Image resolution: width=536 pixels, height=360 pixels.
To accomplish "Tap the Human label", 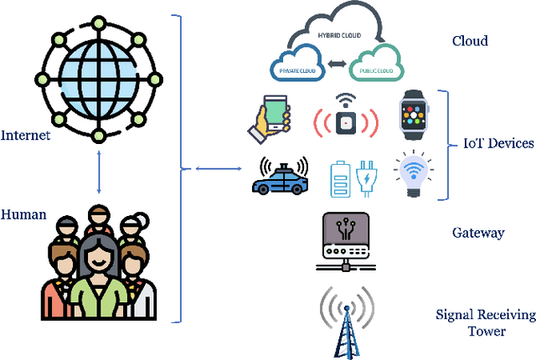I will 23,214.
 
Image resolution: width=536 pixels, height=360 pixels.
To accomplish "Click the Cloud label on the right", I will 470,41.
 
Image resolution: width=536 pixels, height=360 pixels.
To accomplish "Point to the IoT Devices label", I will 498,143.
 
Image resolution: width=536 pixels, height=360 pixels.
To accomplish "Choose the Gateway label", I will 477,232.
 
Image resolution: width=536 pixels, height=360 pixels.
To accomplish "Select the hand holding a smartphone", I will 270,116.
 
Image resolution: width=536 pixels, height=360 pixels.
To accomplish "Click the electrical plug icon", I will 367,178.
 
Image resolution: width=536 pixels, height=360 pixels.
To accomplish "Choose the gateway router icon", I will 346,242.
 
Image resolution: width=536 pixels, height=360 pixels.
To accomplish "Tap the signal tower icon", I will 345,319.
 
